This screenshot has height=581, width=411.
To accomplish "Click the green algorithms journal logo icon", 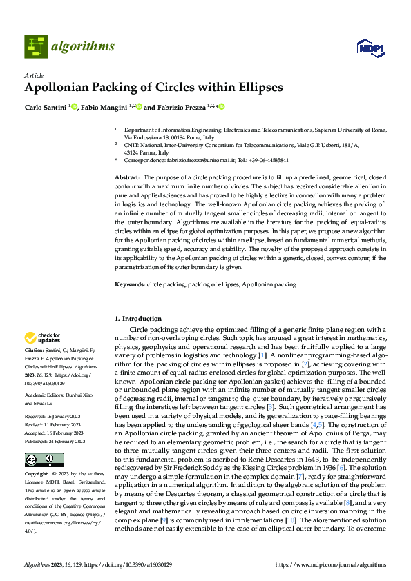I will point(37,46).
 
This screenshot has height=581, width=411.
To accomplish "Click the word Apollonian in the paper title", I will point(58,88).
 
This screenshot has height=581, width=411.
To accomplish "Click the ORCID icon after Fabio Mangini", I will point(139,107).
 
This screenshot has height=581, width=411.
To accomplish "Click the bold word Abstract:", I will point(128,178).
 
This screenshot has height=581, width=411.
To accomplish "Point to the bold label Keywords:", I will point(129,284).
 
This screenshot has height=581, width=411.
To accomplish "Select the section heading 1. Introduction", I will point(137,318).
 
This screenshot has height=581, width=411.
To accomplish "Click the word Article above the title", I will point(34,75).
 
